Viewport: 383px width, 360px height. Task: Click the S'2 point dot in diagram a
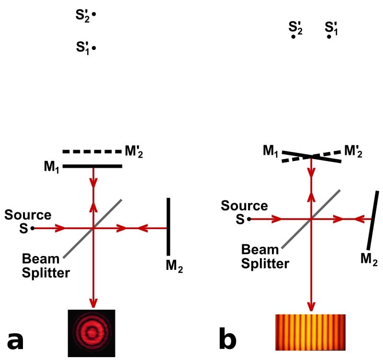pyautogui.click(x=94, y=14)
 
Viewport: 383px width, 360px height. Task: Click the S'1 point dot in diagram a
pyautogui.click(x=94, y=48)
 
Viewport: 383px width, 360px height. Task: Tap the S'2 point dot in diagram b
pyautogui.click(x=293, y=36)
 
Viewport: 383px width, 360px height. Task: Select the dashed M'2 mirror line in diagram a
pyautogui.click(x=92, y=152)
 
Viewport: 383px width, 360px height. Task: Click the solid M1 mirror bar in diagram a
pyautogui.click(x=92, y=166)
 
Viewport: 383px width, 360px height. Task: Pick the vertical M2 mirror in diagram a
pyautogui.click(x=168, y=226)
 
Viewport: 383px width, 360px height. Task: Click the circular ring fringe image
pyautogui.click(x=91, y=333)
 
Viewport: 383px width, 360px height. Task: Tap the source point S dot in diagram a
pyautogui.click(x=32, y=228)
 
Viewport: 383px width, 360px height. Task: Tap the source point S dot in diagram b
pyautogui.click(x=249, y=219)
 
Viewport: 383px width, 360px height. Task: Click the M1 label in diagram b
pyautogui.click(x=271, y=151)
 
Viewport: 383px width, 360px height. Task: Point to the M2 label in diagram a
pyautogui.click(x=174, y=267)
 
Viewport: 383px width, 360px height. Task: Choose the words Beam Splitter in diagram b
pyautogui.click(x=265, y=256)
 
